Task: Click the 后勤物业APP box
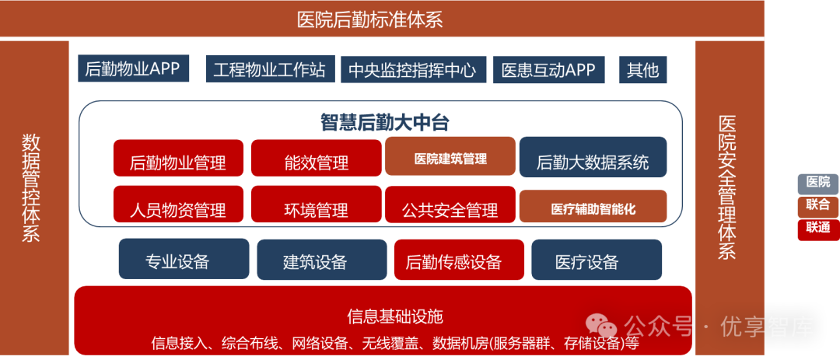[131, 69]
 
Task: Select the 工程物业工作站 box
[270, 69]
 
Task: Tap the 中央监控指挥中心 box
[412, 70]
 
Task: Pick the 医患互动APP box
[548, 70]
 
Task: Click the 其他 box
[642, 70]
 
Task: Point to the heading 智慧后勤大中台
[385, 122]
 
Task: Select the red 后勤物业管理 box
[178, 159]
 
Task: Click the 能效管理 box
[316, 159]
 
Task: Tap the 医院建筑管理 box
[450, 158]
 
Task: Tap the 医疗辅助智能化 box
[593, 207]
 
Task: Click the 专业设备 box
[184, 260]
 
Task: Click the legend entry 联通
[817, 228]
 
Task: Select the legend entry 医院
[817, 183]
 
